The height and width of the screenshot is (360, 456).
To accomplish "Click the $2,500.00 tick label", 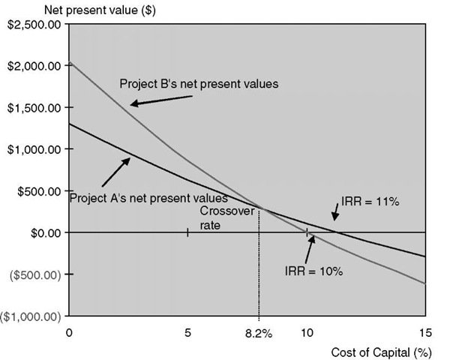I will point(34,25).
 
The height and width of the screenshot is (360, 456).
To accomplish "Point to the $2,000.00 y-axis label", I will point(34,66).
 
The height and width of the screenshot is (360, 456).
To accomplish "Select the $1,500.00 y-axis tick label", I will point(34,108).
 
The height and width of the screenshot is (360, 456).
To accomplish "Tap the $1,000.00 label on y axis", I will point(34,149).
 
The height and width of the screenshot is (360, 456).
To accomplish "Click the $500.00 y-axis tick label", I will point(38,191).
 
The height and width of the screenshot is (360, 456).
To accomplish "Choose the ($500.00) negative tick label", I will point(35,274).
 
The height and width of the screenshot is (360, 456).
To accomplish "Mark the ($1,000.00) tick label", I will point(31,316).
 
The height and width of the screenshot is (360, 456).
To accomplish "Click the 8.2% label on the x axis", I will point(259,333).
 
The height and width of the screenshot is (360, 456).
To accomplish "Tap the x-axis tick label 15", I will point(426,333).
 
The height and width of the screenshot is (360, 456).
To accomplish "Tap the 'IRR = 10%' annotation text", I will point(314,271).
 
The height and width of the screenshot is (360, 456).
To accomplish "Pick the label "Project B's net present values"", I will point(199,84).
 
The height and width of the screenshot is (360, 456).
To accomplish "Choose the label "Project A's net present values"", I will point(148,199).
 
